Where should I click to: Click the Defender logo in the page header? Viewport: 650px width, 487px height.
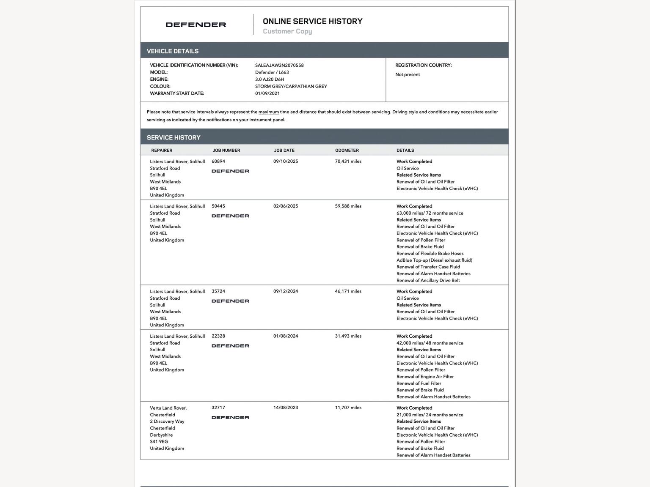(196, 25)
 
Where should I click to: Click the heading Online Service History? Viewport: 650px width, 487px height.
(312, 21)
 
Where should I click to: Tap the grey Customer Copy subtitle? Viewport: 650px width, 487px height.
(287, 31)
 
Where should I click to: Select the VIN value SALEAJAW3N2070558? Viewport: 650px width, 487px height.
(279, 65)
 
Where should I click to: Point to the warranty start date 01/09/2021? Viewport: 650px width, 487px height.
(267, 93)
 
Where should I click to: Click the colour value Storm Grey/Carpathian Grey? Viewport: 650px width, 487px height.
(291, 86)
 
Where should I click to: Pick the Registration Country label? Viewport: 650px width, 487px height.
(423, 65)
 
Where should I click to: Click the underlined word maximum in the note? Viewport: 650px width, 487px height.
(269, 112)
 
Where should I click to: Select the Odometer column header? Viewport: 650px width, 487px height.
(347, 150)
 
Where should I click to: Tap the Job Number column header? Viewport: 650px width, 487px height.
(226, 150)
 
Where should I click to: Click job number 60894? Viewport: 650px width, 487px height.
(218, 161)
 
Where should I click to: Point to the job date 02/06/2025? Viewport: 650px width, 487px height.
(286, 206)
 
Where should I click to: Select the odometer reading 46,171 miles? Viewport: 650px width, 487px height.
(348, 291)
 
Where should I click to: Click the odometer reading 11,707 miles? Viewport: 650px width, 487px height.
(348, 408)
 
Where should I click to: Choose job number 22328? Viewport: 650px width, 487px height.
(218, 336)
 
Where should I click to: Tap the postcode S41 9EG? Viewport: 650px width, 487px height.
(159, 441)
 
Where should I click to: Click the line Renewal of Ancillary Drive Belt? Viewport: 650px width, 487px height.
(428, 280)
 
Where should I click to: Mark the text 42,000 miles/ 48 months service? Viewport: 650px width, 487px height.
(430, 343)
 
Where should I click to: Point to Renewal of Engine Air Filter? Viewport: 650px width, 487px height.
(425, 377)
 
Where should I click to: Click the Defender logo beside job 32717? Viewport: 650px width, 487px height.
(230, 417)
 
